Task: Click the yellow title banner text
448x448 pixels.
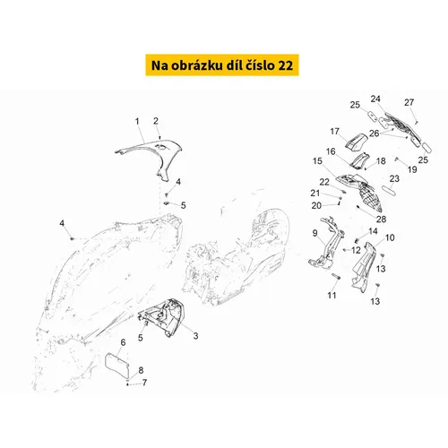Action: point(222,65)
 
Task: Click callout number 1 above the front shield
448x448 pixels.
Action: point(137,122)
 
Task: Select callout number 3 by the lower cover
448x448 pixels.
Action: point(195,336)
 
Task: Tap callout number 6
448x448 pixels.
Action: point(123,342)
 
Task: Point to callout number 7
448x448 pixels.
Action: point(144,383)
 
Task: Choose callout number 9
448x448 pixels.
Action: point(315,233)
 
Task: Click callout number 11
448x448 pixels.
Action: point(332,296)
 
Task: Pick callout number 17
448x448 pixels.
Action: point(335,132)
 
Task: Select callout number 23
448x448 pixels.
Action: point(394,178)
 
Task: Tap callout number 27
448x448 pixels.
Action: point(409,102)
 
